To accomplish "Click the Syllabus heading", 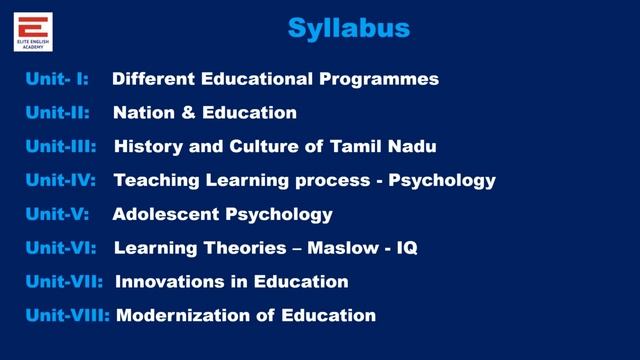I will (x=349, y=27).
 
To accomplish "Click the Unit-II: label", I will (x=58, y=113).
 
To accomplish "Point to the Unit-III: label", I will (x=61, y=147).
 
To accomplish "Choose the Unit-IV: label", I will (x=61, y=181).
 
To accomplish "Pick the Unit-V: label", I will (x=58, y=214).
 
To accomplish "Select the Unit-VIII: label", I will (x=68, y=316).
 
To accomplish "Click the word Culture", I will (x=265, y=147).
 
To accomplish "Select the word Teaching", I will (x=155, y=181).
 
